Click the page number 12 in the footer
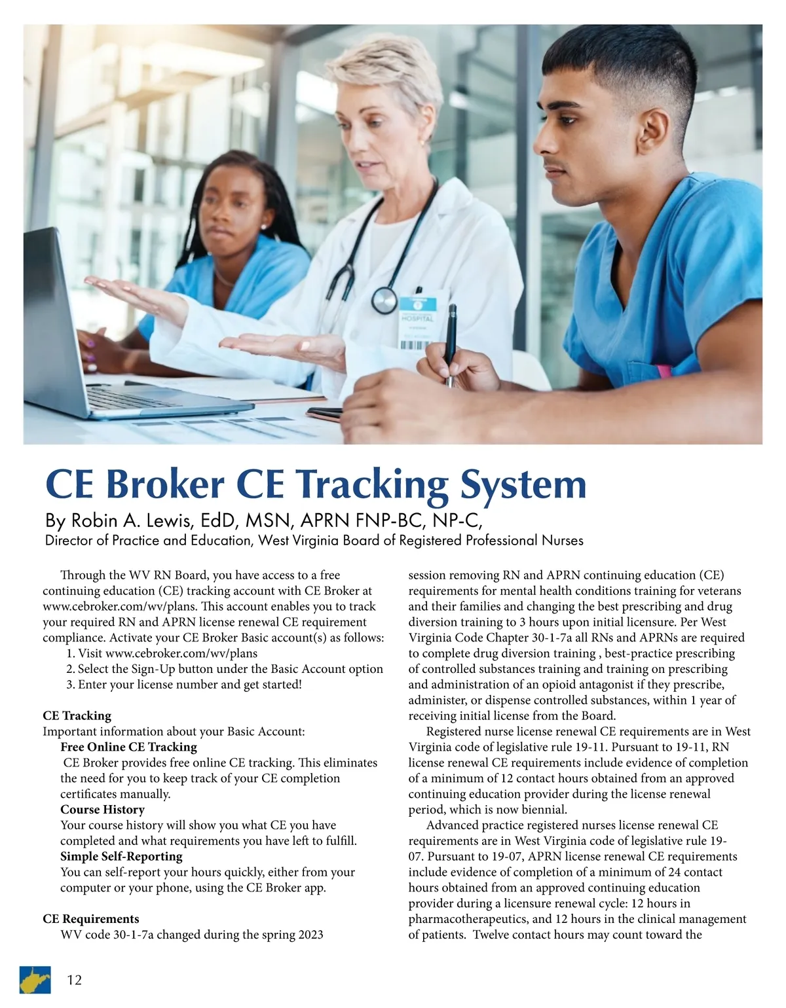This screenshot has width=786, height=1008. (x=75, y=980)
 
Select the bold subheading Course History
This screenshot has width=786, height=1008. (x=102, y=810)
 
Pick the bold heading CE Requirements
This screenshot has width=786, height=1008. (x=90, y=919)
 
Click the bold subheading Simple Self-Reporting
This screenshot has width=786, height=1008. (x=121, y=856)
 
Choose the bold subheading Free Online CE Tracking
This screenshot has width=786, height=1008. (x=128, y=747)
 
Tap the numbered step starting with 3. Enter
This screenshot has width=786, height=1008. (x=184, y=685)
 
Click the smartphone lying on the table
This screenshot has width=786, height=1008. (x=324, y=414)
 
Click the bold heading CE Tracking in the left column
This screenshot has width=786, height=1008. (x=77, y=715)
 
